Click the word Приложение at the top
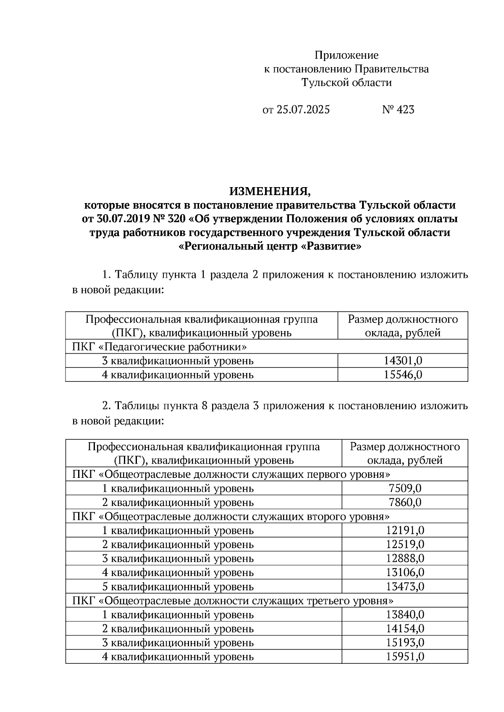coord(346,55)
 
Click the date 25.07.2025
coord(303,110)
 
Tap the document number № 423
coord(398,110)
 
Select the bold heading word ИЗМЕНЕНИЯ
coord(270,192)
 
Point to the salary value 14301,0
coord(402,361)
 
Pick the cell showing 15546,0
coord(402,375)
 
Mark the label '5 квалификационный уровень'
coord(178,587)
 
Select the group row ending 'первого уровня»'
coord(231,475)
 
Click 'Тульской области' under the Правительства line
coord(346,83)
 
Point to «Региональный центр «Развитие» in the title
coord(270,247)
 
